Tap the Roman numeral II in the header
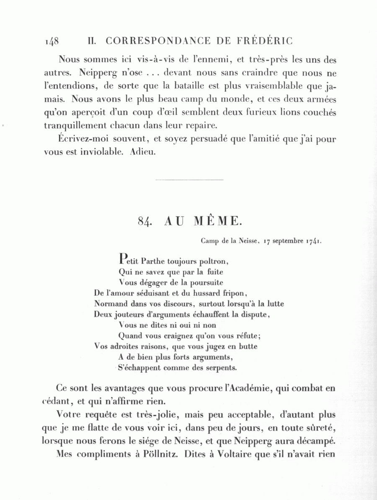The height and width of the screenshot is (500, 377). coord(92,41)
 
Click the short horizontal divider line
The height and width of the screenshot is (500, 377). coord(189,180)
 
